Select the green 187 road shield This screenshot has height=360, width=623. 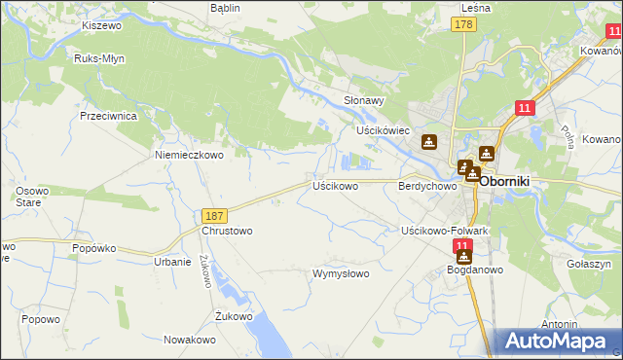[215, 215]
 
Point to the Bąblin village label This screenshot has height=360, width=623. [225, 8]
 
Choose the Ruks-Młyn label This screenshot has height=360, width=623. [99, 58]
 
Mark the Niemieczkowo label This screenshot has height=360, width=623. [189, 154]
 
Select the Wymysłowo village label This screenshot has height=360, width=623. [341, 273]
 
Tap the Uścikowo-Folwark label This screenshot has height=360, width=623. [444, 231]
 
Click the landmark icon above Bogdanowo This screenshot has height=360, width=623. [463, 258]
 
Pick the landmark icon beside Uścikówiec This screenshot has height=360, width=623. [428, 143]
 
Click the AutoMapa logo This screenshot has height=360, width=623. [559, 341]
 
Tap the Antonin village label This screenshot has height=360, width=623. [561, 324]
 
